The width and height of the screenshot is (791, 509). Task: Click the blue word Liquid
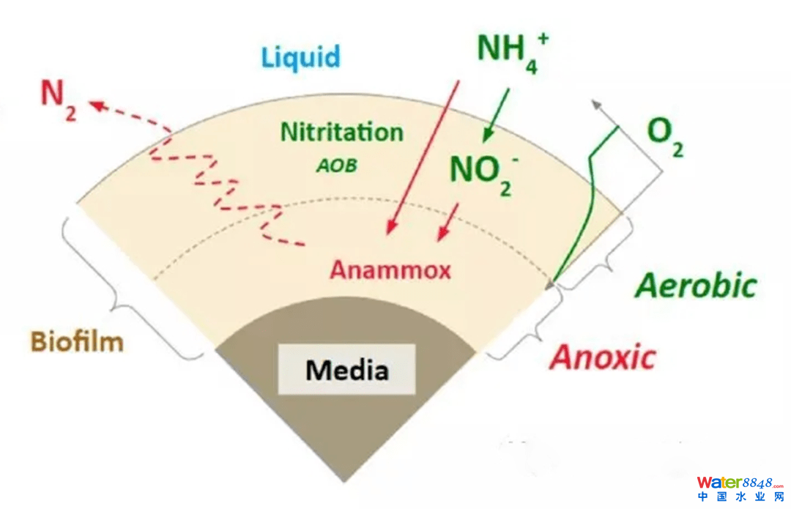click(x=301, y=57)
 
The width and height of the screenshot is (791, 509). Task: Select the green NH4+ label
click(x=512, y=50)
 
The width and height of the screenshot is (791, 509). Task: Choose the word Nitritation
click(x=342, y=133)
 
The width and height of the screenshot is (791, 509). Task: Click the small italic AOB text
click(x=337, y=166)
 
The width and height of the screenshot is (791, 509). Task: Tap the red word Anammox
click(x=390, y=270)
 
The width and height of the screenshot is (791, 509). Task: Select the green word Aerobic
click(x=695, y=286)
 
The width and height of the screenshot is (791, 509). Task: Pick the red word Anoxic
click(x=603, y=357)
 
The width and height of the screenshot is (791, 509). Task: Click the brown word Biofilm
click(x=77, y=341)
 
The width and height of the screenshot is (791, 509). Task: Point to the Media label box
click(x=346, y=370)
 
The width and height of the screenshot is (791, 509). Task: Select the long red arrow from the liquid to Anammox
click(x=423, y=157)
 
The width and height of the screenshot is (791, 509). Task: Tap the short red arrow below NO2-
click(x=448, y=221)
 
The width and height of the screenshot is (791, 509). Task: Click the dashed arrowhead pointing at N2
click(x=95, y=106)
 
